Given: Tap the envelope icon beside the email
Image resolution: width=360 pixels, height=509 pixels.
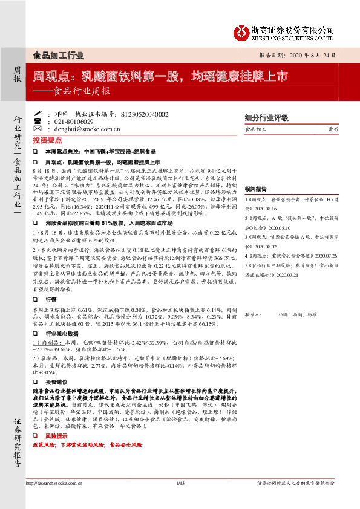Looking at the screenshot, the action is pyautogui.click(x=38, y=129).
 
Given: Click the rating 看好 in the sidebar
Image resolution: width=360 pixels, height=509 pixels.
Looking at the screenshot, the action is pyautogui.click(x=333, y=129).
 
